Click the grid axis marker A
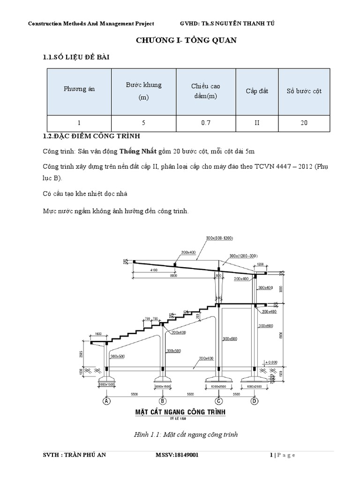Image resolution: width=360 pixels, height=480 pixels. [x=107, y=401]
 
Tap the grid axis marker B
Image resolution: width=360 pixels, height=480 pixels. [x=162, y=401]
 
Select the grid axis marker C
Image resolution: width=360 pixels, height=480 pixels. [x=218, y=401]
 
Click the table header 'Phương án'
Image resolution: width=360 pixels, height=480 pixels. [x=79, y=89]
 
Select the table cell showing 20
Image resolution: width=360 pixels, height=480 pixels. [x=304, y=123]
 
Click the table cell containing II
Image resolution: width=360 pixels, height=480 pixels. [x=257, y=123]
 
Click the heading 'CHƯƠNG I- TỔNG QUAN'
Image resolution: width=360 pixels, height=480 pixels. [x=186, y=41]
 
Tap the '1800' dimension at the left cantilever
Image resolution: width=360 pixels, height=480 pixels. [x=98, y=334]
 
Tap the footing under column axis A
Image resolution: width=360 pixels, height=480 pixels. [x=107, y=380]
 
